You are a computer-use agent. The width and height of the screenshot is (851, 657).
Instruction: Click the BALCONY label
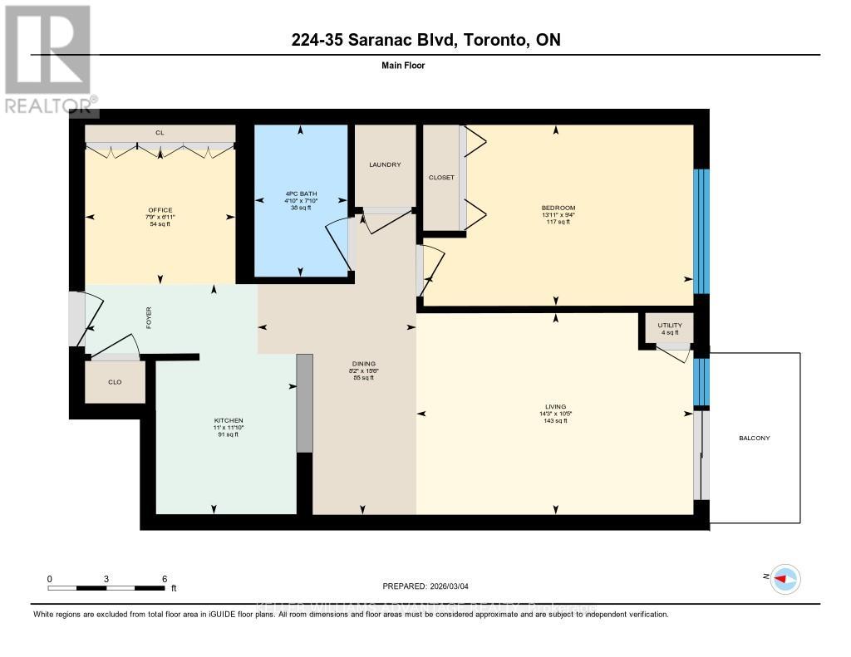[754, 438]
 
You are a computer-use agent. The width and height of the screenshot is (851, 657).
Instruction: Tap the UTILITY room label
[669, 325]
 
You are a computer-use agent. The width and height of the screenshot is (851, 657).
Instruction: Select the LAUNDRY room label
[385, 164]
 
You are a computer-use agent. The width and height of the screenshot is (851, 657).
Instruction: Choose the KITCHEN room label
[228, 420]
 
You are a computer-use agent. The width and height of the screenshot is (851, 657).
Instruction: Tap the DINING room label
[364, 363]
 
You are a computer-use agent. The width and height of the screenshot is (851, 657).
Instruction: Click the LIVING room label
[555, 406]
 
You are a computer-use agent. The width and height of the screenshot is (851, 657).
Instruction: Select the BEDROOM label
[558, 208]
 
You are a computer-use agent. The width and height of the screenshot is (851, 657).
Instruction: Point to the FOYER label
[150, 317]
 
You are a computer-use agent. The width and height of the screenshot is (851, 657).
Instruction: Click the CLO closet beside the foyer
[115, 382]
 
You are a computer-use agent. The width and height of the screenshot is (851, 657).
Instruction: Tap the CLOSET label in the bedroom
[441, 177]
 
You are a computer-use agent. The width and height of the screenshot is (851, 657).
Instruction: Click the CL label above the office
[160, 132]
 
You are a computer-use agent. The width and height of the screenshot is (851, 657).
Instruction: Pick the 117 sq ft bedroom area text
[558, 223]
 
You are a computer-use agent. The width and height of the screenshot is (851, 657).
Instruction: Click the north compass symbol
[784, 578]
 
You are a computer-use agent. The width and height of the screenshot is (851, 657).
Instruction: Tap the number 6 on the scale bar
[165, 578]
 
